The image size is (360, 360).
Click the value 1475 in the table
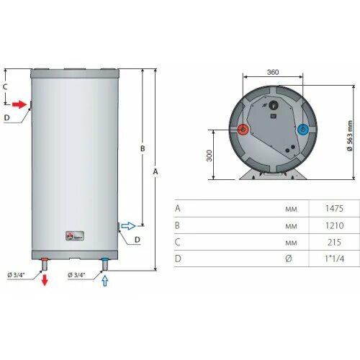[x=333, y=208]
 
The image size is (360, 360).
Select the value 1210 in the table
[x=333, y=225]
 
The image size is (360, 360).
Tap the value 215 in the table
[x=333, y=241]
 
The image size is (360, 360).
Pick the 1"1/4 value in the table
[x=333, y=258]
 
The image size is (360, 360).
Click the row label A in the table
[x=178, y=208]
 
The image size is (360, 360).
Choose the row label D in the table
[x=178, y=258]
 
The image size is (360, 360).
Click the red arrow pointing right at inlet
[x=21, y=104]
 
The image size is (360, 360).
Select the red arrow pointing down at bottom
[x=45, y=279]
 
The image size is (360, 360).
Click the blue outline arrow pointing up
[x=107, y=280]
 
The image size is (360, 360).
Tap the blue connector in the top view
[x=302, y=130]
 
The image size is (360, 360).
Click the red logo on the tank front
[x=71, y=235]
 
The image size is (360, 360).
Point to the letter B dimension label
[x=143, y=148]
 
